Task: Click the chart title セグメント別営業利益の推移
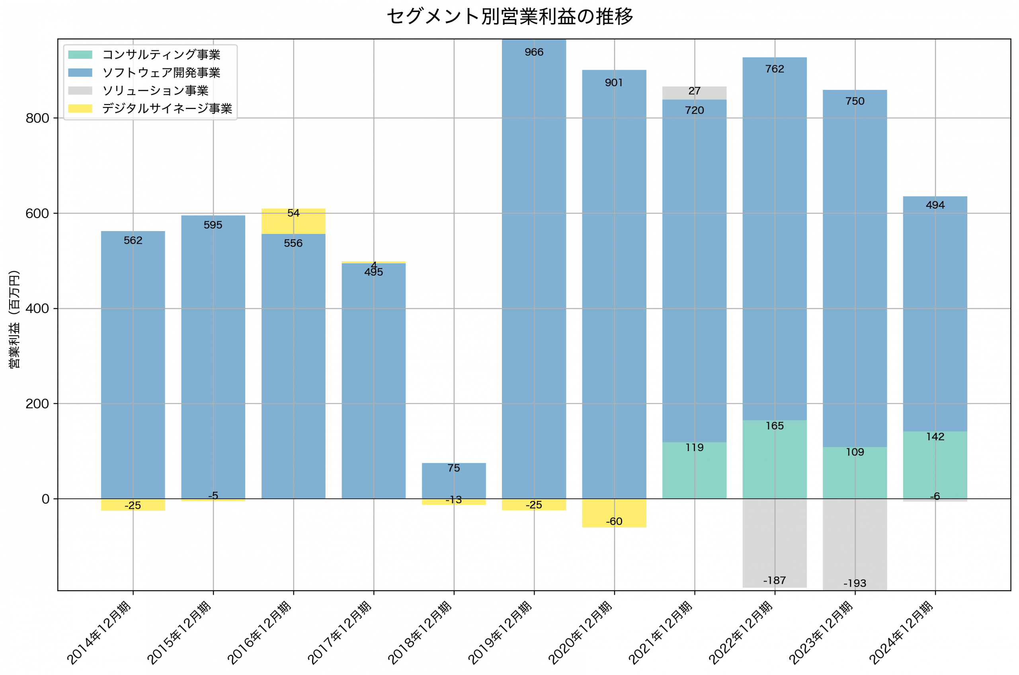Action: pyautogui.click(x=509, y=17)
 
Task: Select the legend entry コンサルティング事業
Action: pyautogui.click(x=161, y=54)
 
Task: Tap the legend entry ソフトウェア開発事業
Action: pyautogui.click(x=161, y=73)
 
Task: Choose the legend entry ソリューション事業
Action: pyautogui.click(x=155, y=91)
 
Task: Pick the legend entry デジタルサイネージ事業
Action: pyautogui.click(x=167, y=109)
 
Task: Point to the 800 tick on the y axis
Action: pyautogui.click(x=37, y=119)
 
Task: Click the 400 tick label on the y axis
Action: pyautogui.click(x=37, y=309)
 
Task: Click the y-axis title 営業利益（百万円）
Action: pyautogui.click(x=14, y=319)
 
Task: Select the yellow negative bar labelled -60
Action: pyautogui.click(x=614, y=513)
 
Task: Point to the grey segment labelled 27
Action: pyautogui.click(x=694, y=93)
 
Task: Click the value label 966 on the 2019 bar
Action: pyautogui.click(x=534, y=53)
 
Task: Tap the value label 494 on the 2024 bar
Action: pyautogui.click(x=935, y=205)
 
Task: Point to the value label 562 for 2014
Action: pyautogui.click(x=133, y=241)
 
